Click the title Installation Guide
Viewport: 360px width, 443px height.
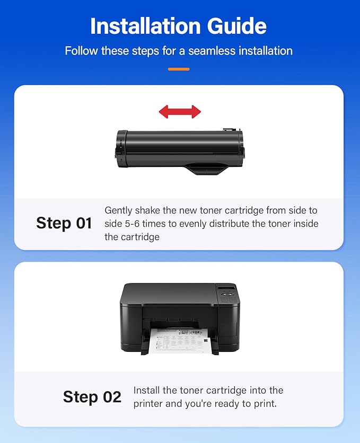point(179,26)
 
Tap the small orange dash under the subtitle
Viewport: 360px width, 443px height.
point(179,69)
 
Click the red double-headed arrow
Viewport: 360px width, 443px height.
point(180,111)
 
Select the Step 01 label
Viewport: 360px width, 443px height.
point(64,223)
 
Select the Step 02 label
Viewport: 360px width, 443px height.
point(92,397)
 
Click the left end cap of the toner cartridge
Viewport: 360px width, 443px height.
point(121,149)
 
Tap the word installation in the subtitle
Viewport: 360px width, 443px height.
point(264,51)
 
